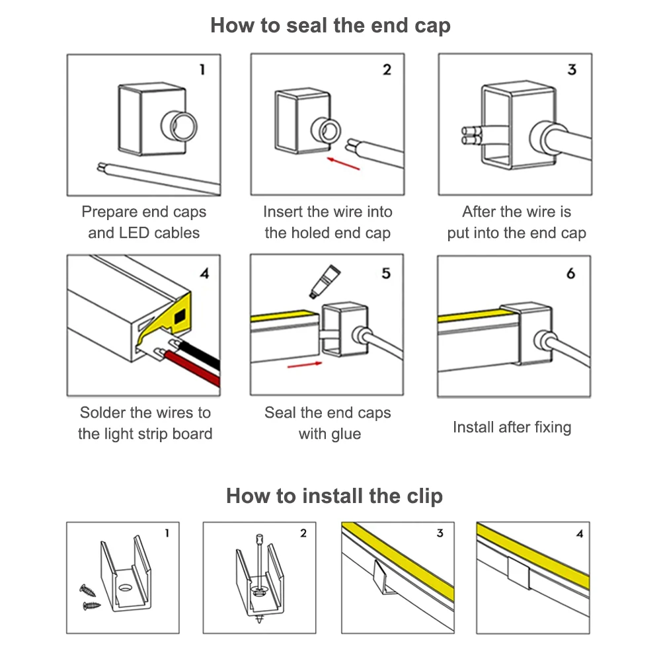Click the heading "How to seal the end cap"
(x=330, y=25)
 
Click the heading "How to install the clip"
(x=334, y=496)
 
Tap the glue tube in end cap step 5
(x=325, y=282)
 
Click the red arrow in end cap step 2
(x=343, y=163)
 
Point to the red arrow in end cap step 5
(x=305, y=365)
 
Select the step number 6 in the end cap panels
(x=571, y=273)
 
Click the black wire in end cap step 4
(x=198, y=354)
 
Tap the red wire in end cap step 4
(x=192, y=368)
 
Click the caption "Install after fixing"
(x=512, y=427)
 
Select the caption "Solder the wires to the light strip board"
(x=145, y=423)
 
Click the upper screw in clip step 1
(x=88, y=590)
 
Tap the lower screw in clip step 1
(x=91, y=605)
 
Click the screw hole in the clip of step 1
(x=125, y=587)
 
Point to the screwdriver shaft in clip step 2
(x=259, y=561)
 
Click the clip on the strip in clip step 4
(x=519, y=572)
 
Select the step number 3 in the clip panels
(x=440, y=533)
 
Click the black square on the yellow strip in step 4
(x=180, y=317)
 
